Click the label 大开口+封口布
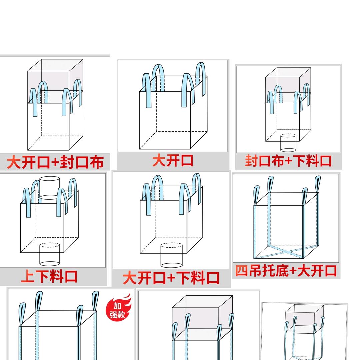point(55,162)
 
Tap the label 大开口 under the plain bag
point(173,160)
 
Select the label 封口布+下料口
point(288,161)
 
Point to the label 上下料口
point(49,277)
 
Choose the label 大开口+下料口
point(171,278)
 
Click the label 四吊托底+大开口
point(286,271)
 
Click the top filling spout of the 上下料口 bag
point(49,187)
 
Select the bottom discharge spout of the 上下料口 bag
point(49,254)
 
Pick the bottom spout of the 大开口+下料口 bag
point(171,255)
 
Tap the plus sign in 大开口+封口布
point(56,162)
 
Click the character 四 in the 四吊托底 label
point(242,271)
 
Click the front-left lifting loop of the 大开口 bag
point(147,90)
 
